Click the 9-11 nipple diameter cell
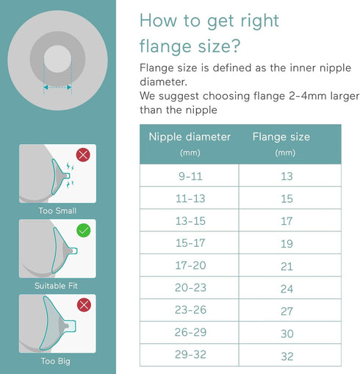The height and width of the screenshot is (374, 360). tap(190, 176)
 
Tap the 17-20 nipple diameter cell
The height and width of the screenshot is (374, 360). tap(190, 265)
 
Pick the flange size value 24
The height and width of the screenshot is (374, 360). tap(287, 289)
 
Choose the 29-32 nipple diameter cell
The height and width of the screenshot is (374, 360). tap(190, 355)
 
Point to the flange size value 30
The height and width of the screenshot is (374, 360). tap(287, 334)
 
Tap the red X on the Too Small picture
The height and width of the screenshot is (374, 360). tap(83, 155)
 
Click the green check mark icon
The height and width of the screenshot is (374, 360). tap(84, 231)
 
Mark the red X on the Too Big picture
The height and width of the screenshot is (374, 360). tap(84, 305)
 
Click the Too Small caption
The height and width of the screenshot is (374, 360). tap(57, 211)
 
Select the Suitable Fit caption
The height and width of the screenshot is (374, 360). tap(56, 286)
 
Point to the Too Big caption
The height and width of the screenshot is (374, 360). tap(56, 362)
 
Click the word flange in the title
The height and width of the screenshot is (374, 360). tap(165, 46)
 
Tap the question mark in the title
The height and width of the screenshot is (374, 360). tap(235, 46)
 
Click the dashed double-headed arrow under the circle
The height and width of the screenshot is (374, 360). tap(57, 87)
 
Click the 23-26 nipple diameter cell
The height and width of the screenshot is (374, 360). tap(190, 310)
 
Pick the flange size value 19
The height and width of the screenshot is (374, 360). tap(287, 244)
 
